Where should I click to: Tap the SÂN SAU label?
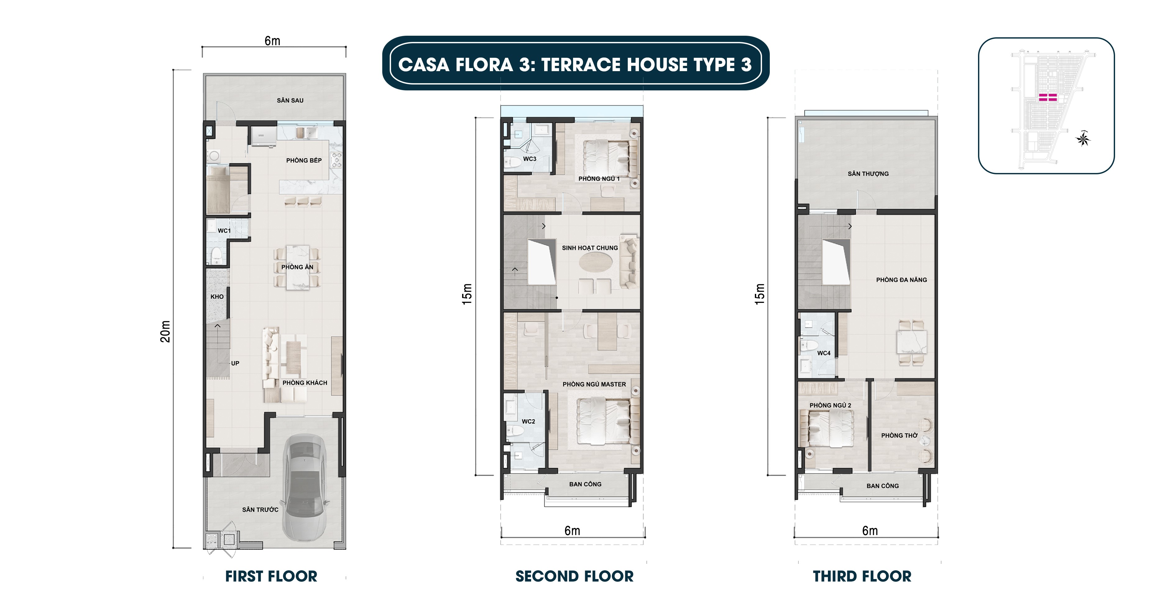tap(290, 100)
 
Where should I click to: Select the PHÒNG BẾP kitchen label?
tap(304, 160)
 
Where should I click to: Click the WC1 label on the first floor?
tap(224, 231)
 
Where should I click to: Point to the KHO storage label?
tap(217, 297)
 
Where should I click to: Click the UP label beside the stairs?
tap(235, 363)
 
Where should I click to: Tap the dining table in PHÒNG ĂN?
tap(297, 267)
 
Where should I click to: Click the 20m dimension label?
tap(165, 331)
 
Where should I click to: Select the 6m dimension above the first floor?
tap(272, 41)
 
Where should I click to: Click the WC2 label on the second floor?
tap(528, 422)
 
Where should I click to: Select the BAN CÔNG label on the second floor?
tap(585, 484)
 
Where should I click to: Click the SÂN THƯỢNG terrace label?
tap(868, 174)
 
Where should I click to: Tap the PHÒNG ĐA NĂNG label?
tap(901, 280)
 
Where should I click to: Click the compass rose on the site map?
tap(1083, 139)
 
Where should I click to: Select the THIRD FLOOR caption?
tap(862, 577)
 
